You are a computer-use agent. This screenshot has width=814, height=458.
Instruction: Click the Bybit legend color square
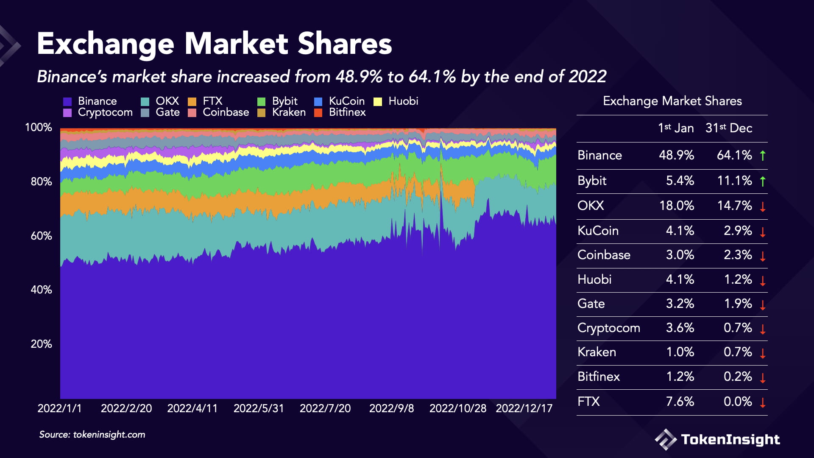261,102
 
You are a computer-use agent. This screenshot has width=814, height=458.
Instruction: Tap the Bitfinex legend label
347,112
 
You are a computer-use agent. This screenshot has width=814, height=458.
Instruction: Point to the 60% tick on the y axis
41,236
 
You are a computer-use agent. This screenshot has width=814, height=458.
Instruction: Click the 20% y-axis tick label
41,344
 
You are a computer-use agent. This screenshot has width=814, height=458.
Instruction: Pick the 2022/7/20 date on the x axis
325,408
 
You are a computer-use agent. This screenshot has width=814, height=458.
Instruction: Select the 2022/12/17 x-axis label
524,408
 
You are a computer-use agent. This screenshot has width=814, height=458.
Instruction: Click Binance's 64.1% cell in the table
734,155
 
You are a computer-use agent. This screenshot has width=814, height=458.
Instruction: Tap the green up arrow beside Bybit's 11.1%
763,181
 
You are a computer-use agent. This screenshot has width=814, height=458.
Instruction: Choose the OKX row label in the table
590,206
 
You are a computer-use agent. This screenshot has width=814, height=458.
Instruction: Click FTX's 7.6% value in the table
680,402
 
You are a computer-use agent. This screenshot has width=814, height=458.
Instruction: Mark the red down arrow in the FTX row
763,402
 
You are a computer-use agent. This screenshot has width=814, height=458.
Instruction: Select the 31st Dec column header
728,128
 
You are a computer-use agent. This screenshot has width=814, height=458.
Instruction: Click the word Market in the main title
236,44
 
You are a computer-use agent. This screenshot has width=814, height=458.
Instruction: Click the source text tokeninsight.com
109,435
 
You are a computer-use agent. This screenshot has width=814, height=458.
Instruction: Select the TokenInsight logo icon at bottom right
665,439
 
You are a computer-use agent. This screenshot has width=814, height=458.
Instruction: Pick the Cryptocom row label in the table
608,328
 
